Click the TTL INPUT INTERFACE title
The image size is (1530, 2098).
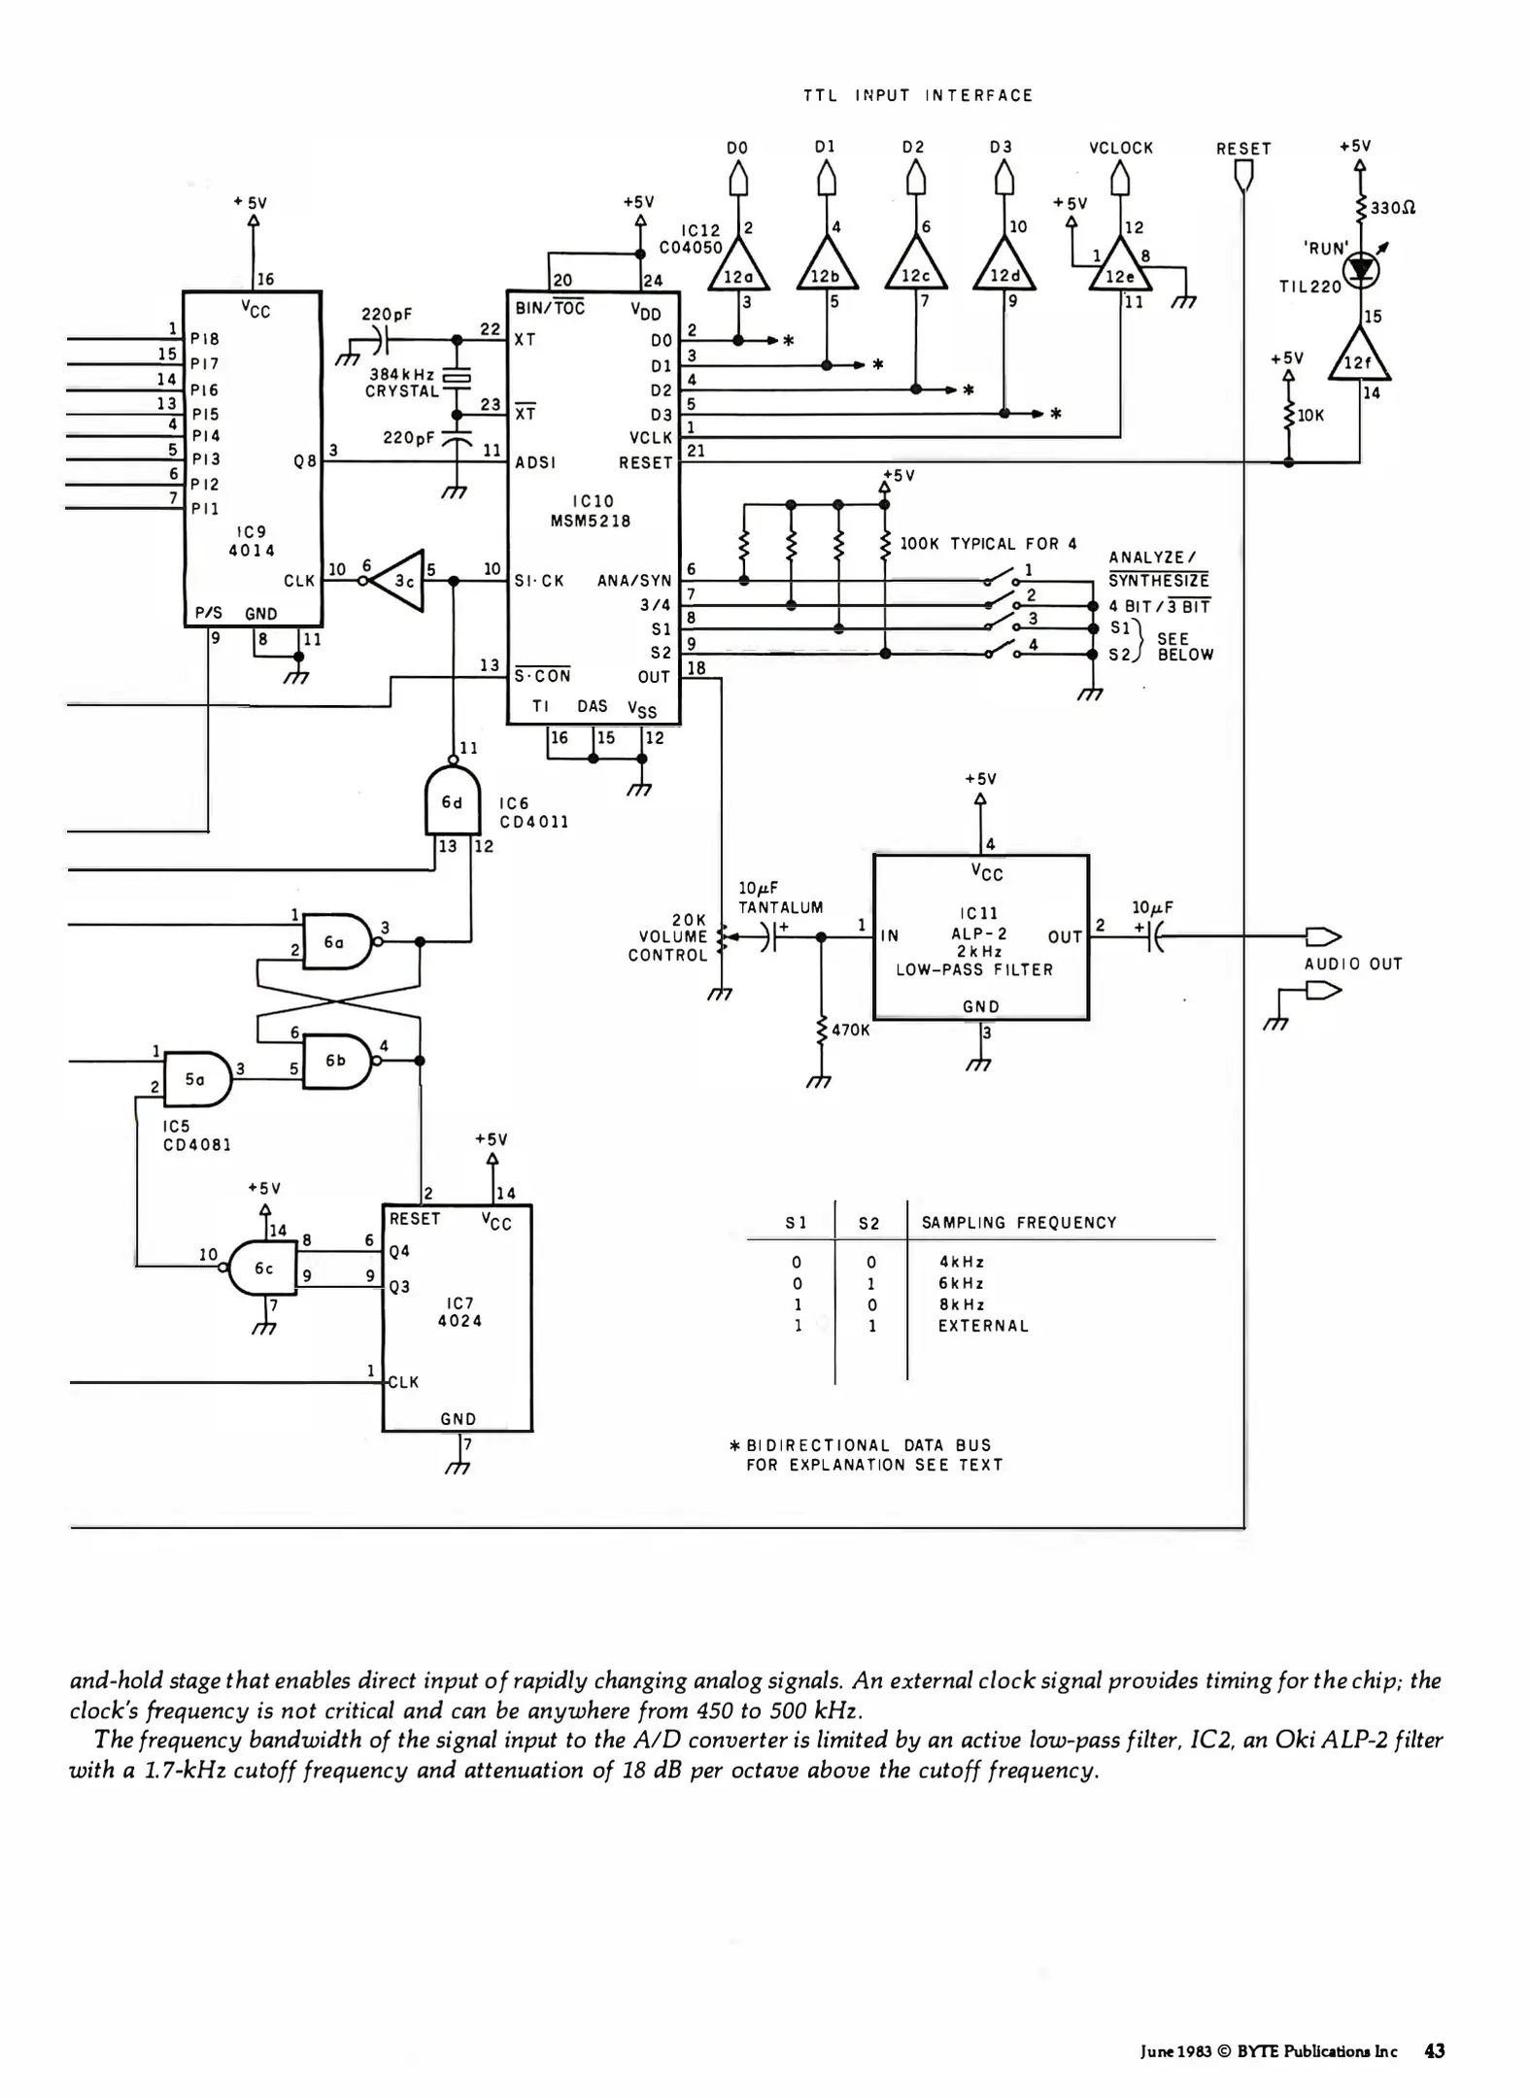click(x=918, y=95)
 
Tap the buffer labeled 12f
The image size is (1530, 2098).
click(x=1359, y=359)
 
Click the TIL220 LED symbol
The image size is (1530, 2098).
click(x=1361, y=271)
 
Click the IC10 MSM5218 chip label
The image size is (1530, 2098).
click(x=592, y=511)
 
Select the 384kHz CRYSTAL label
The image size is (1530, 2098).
click(x=402, y=383)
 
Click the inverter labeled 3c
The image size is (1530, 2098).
click(x=401, y=581)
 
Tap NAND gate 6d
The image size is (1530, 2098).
click(x=453, y=801)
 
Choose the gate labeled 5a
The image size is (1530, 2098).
click(x=196, y=1078)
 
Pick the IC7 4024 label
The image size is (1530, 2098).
click(x=459, y=1311)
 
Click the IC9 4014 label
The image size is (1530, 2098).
click(x=251, y=541)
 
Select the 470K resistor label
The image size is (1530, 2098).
click(x=850, y=1030)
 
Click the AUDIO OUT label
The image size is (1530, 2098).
click(x=1352, y=964)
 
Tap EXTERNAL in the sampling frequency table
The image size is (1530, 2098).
click(x=982, y=1326)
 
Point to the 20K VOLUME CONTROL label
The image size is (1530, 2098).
click(x=667, y=937)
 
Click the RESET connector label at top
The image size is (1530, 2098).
click(x=1242, y=149)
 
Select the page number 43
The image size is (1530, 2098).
click(x=1434, y=2051)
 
